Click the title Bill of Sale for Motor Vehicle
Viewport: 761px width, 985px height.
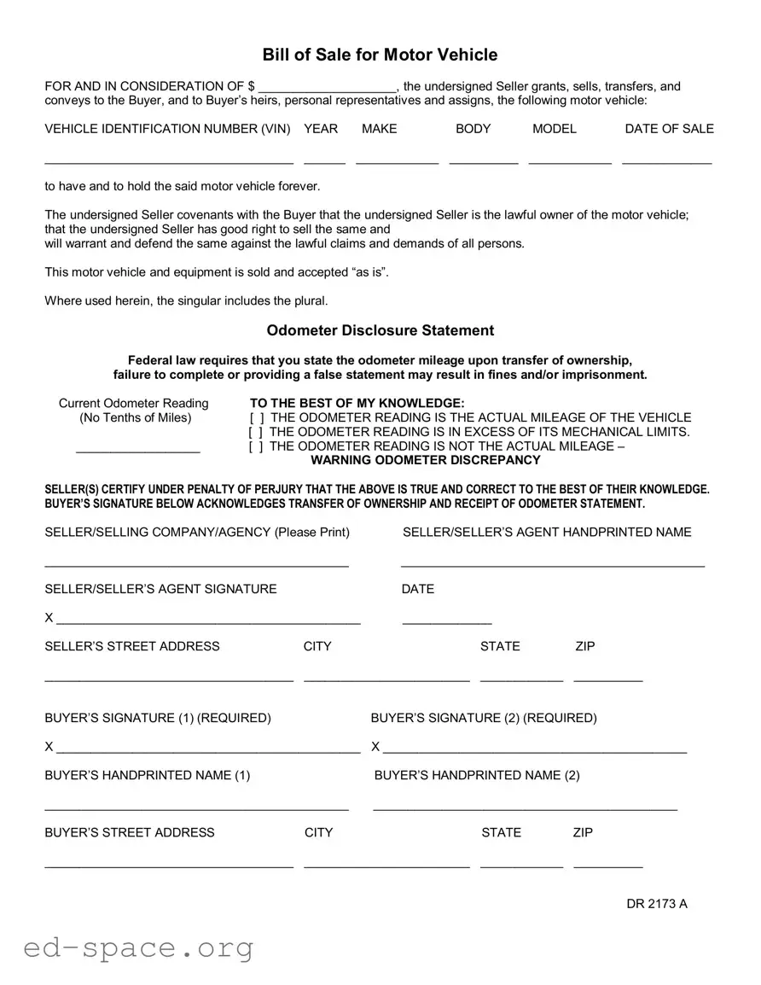[x=380, y=55]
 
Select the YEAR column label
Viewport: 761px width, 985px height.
[x=321, y=129]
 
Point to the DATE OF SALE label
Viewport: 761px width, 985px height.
[x=669, y=129]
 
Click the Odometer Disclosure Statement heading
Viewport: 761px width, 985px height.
[x=380, y=330]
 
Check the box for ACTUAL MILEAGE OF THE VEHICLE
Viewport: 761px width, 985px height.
[x=256, y=418]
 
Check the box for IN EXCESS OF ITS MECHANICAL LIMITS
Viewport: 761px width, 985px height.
[x=256, y=433]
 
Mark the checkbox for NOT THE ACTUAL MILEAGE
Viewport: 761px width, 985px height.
[x=256, y=446]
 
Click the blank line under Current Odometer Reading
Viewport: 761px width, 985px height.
[x=138, y=450]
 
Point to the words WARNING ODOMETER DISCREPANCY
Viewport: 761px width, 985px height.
[x=425, y=460]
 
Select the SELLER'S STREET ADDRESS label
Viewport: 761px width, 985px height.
[x=132, y=646]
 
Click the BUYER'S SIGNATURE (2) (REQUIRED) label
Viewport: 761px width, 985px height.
[x=484, y=718]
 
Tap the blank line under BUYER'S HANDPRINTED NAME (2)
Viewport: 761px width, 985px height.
[x=526, y=807]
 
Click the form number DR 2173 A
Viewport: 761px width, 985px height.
[x=656, y=904]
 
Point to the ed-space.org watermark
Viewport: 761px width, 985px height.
[x=139, y=947]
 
